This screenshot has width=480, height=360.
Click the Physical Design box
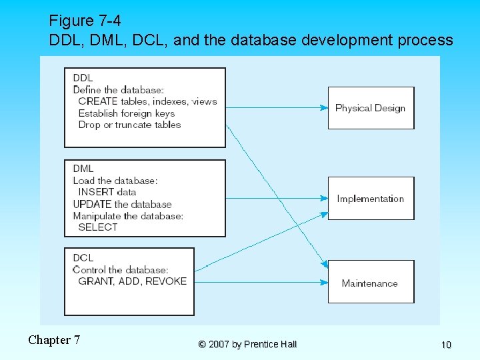[371, 108]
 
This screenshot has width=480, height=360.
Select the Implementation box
[371, 199]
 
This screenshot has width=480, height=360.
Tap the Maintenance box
[371, 283]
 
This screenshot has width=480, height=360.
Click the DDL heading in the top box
[83, 78]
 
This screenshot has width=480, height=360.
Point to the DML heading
[83, 169]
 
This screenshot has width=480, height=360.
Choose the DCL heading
[83, 258]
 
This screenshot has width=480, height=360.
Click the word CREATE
[97, 101]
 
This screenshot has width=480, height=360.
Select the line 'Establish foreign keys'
[126, 113]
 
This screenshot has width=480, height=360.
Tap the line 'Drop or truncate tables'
[129, 125]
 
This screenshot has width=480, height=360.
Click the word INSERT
[96, 192]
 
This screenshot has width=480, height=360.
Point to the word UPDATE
[92, 204]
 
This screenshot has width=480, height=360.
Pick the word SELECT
[97, 227]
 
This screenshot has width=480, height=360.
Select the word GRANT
[95, 281]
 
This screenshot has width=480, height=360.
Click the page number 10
[446, 345]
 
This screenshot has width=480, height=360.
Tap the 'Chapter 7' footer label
[54, 340]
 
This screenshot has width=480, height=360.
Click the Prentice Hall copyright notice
[247, 344]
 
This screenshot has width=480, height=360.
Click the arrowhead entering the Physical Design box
[325, 108]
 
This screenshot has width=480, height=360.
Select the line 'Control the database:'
[120, 270]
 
